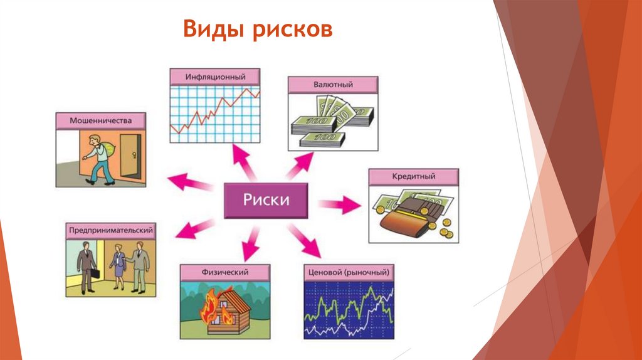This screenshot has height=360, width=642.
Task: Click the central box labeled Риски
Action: tap(266, 201)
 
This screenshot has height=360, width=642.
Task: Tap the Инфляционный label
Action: tap(215, 76)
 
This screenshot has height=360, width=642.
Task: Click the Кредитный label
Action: tap(414, 177)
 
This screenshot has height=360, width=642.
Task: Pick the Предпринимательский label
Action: tap(110, 231)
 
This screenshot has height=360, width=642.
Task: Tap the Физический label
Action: tap(224, 272)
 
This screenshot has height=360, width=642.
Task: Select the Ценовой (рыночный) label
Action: tap(349, 272)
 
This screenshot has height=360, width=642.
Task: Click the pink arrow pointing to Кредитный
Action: tap(339, 204)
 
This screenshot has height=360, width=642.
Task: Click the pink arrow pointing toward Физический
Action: tap(251, 241)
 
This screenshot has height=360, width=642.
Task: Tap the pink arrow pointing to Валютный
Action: tap(300, 164)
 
